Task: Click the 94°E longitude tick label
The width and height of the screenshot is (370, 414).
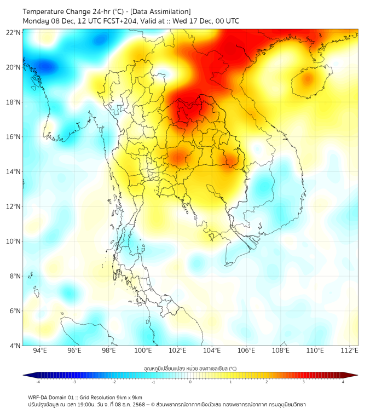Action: coord(40,350)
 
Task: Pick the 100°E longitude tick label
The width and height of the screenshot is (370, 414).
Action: coord(143,350)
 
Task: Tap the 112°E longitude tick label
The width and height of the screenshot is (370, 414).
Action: coord(349,350)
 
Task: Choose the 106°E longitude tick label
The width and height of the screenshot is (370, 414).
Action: coord(246,350)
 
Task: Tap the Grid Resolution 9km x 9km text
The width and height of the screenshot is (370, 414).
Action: coord(114,398)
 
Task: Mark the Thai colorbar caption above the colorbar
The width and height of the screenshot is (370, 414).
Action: coord(190,368)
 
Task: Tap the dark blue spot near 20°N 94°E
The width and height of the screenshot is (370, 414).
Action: coord(46,67)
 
